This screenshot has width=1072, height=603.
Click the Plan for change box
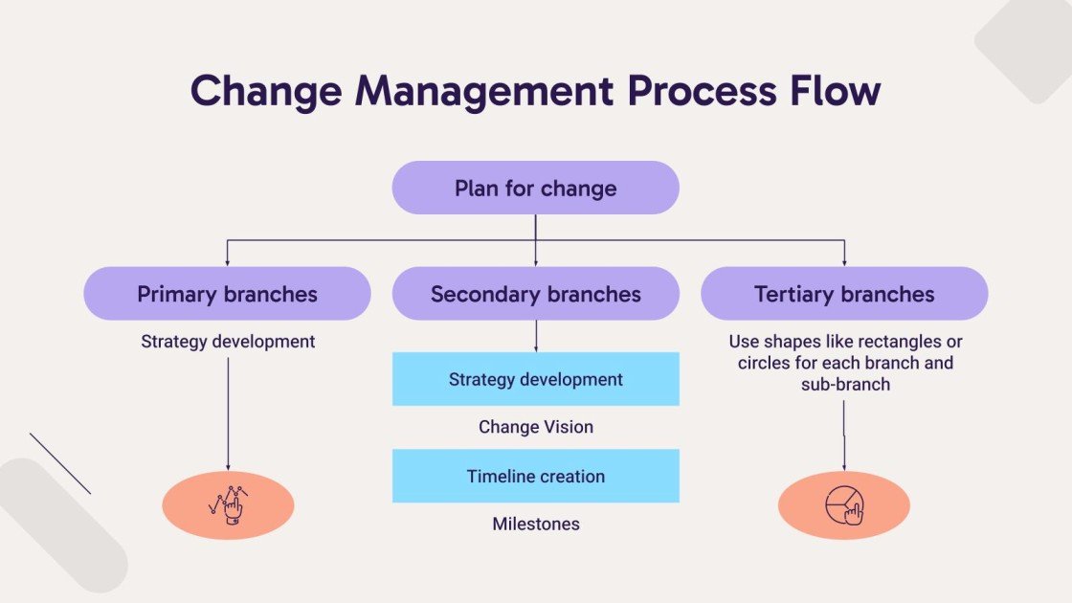[x=535, y=188]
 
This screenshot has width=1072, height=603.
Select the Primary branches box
[x=227, y=294]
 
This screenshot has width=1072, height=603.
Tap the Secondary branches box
[x=535, y=294]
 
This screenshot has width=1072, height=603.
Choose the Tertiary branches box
[x=844, y=294]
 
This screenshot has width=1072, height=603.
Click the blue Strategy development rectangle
[x=535, y=379]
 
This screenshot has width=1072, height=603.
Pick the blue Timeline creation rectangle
[x=535, y=476]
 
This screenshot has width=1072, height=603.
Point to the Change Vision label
[x=535, y=427]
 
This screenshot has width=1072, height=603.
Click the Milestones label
[x=535, y=524]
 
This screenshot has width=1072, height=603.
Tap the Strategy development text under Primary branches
[x=228, y=341]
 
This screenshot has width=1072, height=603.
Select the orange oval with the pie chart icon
[x=843, y=505]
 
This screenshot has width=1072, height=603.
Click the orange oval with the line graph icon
[x=228, y=505]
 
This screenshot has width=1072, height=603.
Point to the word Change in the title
[x=265, y=90]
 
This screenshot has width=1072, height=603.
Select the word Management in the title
[x=484, y=90]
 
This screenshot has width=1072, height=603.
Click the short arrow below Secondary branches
[x=535, y=336]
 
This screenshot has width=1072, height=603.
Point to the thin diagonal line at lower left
[x=60, y=463]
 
